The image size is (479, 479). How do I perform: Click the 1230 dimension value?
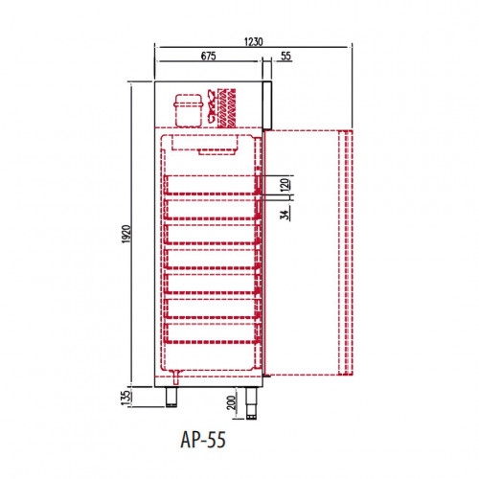coord(254,41)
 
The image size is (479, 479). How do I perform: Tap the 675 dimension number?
coord(208,56)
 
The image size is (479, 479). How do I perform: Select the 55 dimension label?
coord(285,56)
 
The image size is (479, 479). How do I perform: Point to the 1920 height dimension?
coord(126,234)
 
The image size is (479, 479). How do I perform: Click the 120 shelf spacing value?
coord(285,185)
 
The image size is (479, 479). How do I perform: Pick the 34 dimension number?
coord(285,215)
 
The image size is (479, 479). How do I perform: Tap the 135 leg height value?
coord(126,398)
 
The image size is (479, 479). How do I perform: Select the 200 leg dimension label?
coord(232,402)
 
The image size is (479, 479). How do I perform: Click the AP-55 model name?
coord(203,440)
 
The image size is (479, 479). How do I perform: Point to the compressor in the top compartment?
coord(189,110)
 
